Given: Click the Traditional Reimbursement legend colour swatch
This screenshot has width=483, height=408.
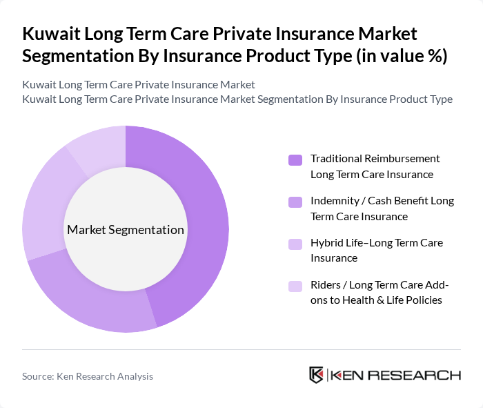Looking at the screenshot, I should (295, 159).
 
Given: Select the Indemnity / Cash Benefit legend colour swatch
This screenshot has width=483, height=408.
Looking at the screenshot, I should (295, 202).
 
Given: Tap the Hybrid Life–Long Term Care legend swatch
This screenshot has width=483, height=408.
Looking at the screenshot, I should (295, 244).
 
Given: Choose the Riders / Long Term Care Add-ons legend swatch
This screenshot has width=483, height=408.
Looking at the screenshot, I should (295, 286).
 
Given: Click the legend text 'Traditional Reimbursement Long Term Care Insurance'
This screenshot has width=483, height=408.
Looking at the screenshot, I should (375, 166).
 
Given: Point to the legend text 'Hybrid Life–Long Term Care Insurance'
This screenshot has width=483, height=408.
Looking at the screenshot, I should (376, 250).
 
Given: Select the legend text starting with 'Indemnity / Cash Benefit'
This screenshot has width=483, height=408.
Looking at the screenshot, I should (382, 208).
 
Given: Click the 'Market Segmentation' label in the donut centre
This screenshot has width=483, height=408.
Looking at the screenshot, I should (126, 230).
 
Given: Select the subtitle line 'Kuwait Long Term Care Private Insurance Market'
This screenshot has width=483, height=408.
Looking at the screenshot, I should (139, 84).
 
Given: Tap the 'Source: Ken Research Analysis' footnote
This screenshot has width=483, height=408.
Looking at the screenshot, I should (88, 376).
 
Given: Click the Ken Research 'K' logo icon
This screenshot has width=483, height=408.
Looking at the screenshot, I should (316, 375).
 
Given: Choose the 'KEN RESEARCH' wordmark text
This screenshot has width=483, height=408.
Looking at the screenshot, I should (395, 376).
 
